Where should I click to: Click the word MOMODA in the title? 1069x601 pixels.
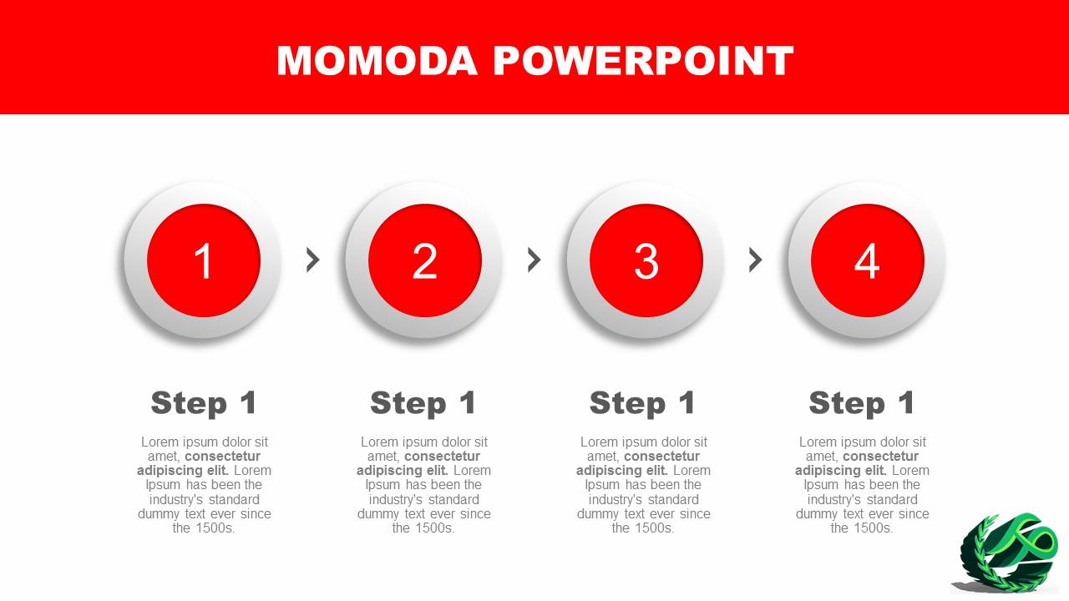click(x=377, y=61)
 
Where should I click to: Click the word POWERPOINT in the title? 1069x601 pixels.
click(x=643, y=61)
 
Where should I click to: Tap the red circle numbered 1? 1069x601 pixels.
click(x=204, y=260)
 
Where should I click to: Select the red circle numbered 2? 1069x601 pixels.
click(x=425, y=260)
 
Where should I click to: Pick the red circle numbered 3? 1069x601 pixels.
click(x=646, y=260)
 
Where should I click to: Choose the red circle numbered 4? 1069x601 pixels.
click(x=868, y=260)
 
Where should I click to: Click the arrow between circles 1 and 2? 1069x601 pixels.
click(x=313, y=260)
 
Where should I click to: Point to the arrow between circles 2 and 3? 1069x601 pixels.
click(x=534, y=260)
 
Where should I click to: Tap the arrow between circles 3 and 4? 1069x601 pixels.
click(x=756, y=260)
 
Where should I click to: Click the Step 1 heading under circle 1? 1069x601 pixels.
click(x=204, y=403)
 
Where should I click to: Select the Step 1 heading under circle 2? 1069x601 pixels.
click(x=423, y=403)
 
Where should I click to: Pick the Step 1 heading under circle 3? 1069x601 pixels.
click(x=643, y=403)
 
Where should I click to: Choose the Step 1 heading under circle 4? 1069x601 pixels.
click(x=862, y=403)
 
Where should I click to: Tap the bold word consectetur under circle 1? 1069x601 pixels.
click(x=222, y=457)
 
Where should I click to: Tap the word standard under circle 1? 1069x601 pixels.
click(x=234, y=499)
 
